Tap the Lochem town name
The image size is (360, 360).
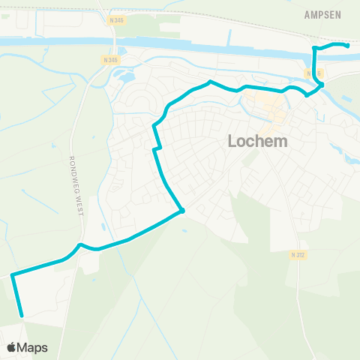pyautogui.click(x=259, y=141)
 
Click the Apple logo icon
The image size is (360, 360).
pyautogui.click(x=11, y=347)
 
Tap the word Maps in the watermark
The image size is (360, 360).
pyautogui.click(x=33, y=347)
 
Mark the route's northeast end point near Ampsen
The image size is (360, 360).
pyautogui.click(x=347, y=46)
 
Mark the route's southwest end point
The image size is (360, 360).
pyautogui.click(x=21, y=315)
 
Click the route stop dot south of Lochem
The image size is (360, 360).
pyautogui.click(x=181, y=211)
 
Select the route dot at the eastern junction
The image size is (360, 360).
pyautogui.click(x=321, y=85)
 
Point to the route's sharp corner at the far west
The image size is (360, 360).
pyautogui.click(x=13, y=275)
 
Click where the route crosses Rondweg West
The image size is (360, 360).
pyautogui.click(x=79, y=245)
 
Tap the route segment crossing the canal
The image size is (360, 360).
pyautogui.click(x=313, y=56)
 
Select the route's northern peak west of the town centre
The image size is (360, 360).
pyautogui.click(x=211, y=81)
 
